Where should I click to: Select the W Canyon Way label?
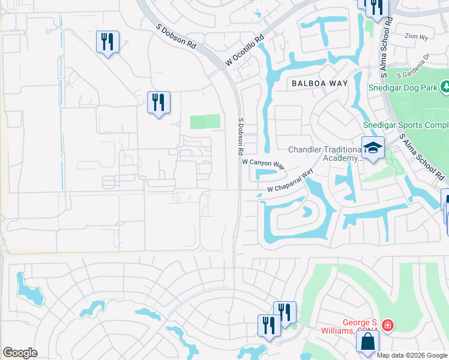pos(263,163)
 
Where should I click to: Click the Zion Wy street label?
pos(415,36)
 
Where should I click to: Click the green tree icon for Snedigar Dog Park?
pos(445,88)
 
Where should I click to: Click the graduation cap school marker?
pos(373,148)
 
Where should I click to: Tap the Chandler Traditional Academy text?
pos(325,154)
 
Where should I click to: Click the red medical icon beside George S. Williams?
pos(388,326)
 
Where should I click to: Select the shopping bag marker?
pos(367,341)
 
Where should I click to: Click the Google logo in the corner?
pos(20,352)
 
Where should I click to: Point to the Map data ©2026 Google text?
pos(412,355)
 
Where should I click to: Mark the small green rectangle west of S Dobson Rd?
pos(205,122)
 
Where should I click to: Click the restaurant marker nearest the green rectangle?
pos(158,103)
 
